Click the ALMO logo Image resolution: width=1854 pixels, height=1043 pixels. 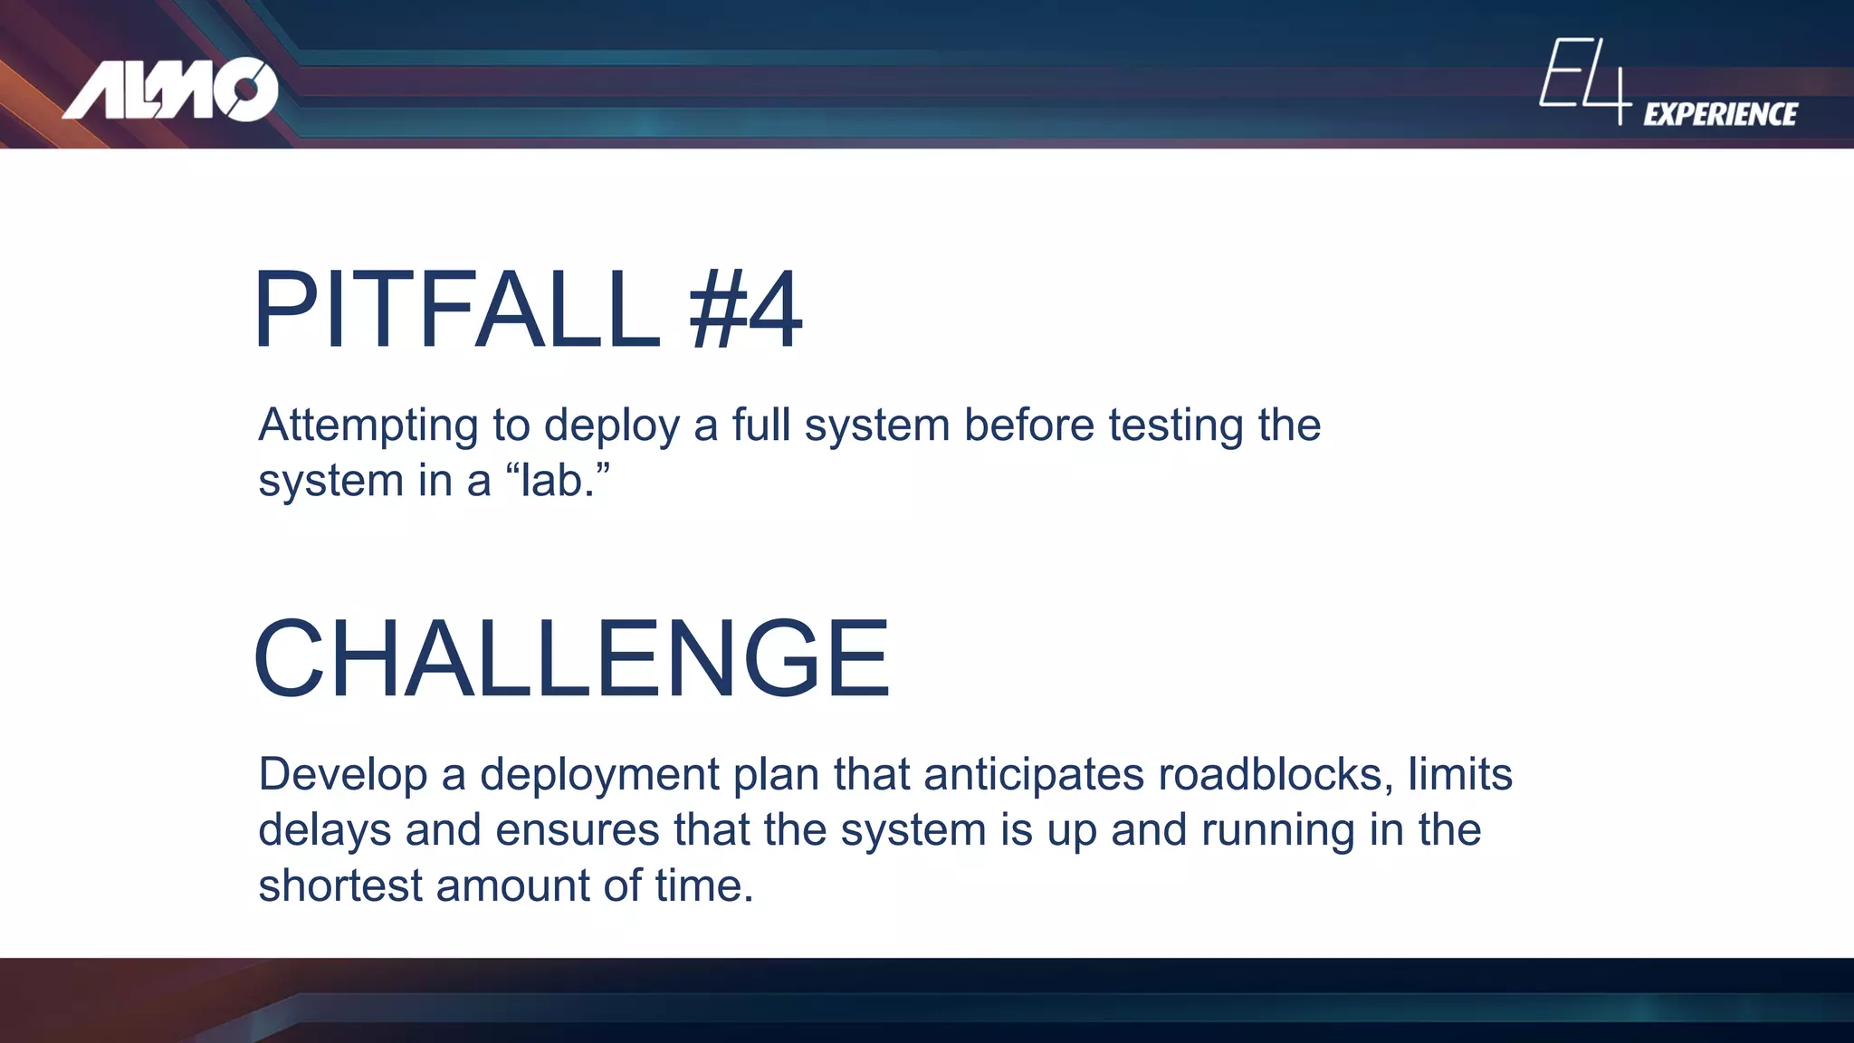click(170, 90)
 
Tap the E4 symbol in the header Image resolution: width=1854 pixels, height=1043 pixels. click(1584, 80)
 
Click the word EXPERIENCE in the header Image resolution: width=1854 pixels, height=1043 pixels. click(1720, 114)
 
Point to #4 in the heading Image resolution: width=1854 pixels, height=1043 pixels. click(745, 310)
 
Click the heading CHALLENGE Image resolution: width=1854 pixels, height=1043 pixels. click(572, 658)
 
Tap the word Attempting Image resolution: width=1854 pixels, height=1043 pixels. click(368, 426)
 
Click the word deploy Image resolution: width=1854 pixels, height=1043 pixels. click(611, 426)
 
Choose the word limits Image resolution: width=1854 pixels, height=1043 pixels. click(1459, 775)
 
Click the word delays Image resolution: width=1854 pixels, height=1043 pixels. click(324, 830)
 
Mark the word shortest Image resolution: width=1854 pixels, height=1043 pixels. click(339, 885)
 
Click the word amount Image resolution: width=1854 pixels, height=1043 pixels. click(512, 885)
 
